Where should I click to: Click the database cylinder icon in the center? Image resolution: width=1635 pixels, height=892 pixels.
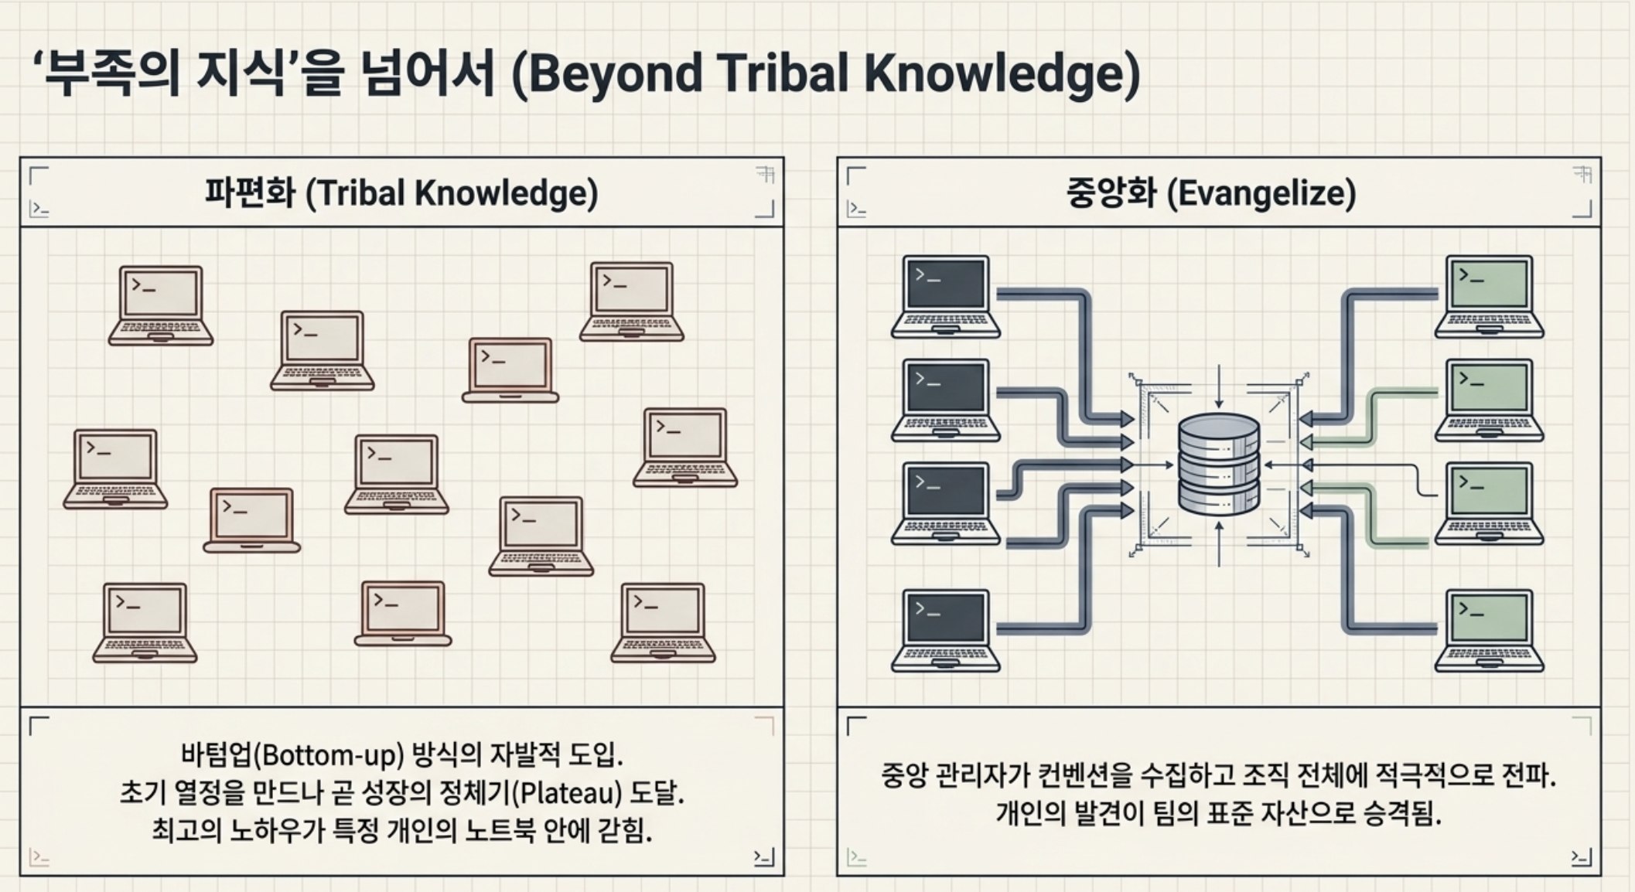pyautogui.click(x=1219, y=465)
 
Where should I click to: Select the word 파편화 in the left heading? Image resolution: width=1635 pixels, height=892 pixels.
pyautogui.click(x=250, y=192)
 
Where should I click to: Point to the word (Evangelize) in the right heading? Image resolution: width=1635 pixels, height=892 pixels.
pyautogui.click(x=1261, y=193)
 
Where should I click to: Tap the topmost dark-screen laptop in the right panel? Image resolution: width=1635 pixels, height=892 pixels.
pyautogui.click(x=945, y=297)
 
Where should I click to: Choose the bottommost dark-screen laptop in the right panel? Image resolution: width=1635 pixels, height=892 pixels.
pyautogui.click(x=945, y=631)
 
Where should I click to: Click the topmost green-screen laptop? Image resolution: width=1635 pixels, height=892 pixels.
pyautogui.click(x=1489, y=297)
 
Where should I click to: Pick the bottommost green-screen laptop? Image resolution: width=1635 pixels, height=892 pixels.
pyautogui.click(x=1489, y=631)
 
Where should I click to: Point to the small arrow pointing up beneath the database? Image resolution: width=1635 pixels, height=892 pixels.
pyautogui.click(x=1219, y=543)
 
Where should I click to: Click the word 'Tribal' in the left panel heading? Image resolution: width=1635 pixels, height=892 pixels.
pyautogui.click(x=360, y=192)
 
